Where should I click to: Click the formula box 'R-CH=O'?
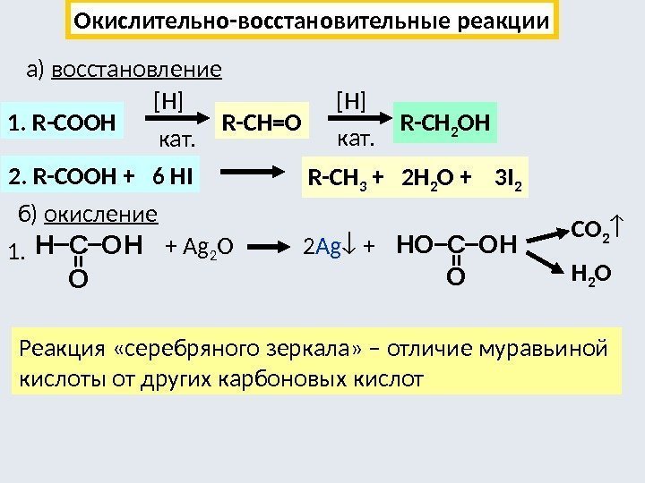point(261,122)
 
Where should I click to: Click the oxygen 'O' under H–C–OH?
point(78,282)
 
